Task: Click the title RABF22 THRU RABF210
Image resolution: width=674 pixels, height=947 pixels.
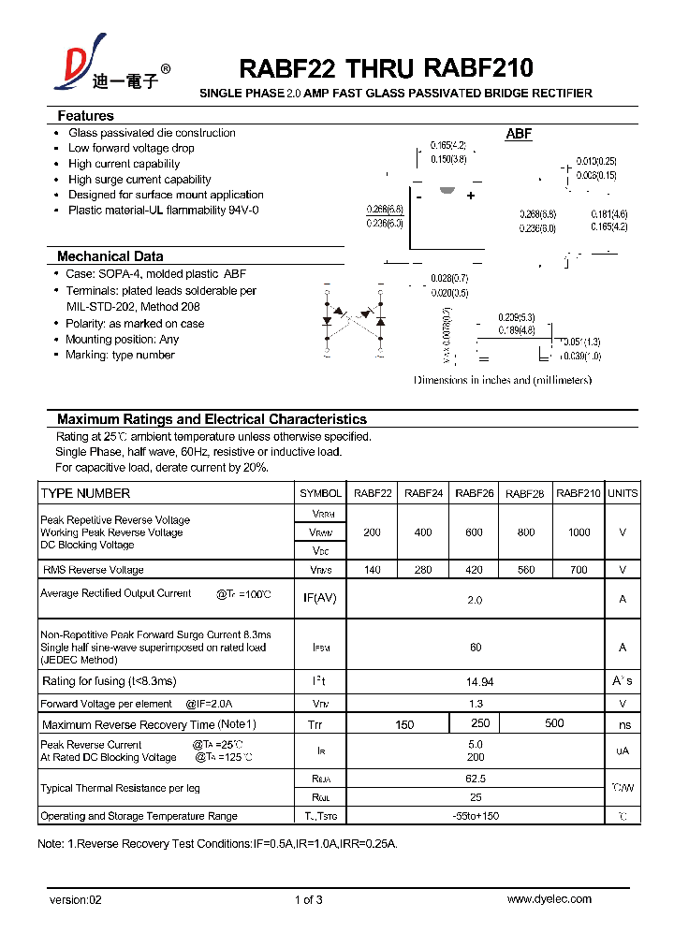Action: (x=386, y=68)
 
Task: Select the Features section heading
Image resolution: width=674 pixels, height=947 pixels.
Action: (x=85, y=116)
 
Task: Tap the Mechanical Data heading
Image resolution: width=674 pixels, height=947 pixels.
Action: (x=110, y=256)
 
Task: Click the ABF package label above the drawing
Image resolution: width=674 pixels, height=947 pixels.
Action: (x=519, y=134)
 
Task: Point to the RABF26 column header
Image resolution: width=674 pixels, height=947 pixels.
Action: (x=475, y=493)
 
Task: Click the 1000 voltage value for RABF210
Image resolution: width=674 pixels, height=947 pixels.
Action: (x=579, y=532)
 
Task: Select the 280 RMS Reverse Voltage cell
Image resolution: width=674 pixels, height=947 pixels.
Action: (x=423, y=570)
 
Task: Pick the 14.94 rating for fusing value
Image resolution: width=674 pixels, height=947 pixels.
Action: (x=475, y=681)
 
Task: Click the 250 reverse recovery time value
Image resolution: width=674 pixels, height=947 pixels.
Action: (x=480, y=723)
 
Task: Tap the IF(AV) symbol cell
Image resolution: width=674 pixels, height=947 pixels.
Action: (x=320, y=598)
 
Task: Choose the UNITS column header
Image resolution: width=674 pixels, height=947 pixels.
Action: (x=623, y=493)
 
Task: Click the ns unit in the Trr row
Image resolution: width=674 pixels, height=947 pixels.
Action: (x=624, y=724)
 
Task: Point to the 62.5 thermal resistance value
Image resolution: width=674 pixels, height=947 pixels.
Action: (x=476, y=779)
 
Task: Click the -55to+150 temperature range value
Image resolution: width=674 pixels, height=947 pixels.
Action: (x=476, y=816)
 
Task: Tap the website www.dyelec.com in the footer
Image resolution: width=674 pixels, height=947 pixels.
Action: (x=549, y=899)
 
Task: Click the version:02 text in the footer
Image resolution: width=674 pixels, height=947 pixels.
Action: (x=75, y=899)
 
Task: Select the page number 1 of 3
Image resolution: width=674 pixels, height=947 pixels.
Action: (x=308, y=899)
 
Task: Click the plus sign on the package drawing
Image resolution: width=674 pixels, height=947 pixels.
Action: (x=471, y=196)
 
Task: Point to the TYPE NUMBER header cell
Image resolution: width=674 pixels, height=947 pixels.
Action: (x=85, y=493)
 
